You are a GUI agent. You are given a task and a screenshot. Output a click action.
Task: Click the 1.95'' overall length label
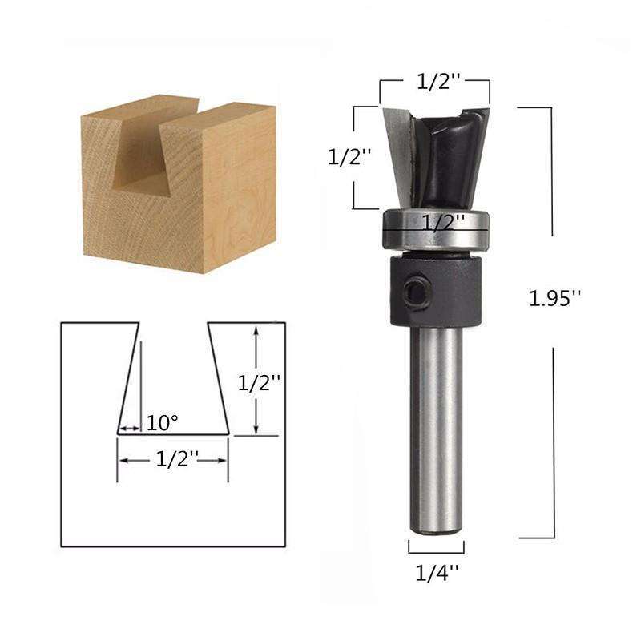coord(554,298)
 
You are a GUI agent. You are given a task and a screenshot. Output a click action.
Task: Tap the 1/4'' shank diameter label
coord(437,573)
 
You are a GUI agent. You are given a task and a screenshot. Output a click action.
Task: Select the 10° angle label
coord(163,421)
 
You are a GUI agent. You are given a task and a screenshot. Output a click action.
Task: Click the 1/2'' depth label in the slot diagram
coord(259,383)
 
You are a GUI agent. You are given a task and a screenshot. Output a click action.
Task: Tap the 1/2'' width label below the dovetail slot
coord(177,460)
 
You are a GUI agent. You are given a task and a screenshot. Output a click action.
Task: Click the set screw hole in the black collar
coord(413,293)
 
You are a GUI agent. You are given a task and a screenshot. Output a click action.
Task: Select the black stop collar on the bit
coord(437,292)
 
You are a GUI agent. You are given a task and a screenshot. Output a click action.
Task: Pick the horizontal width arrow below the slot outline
coord(173,460)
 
